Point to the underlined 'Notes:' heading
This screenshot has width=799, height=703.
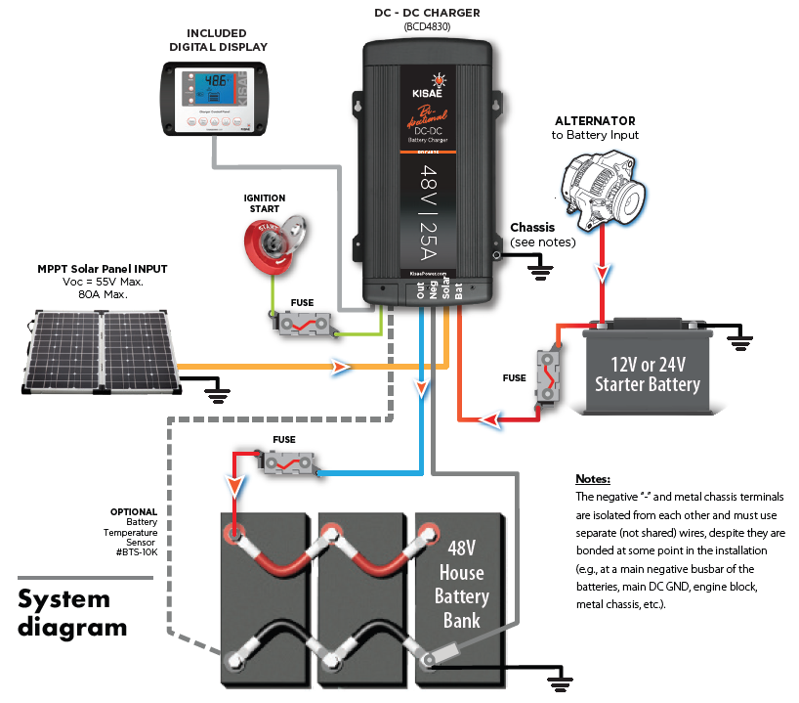pos(593,480)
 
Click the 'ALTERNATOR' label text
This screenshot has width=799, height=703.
pos(595,121)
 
